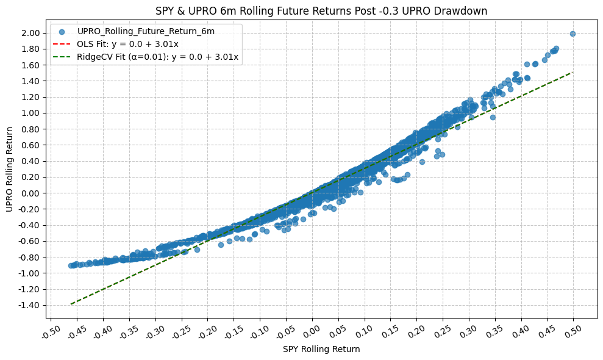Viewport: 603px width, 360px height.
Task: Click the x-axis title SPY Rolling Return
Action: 321,350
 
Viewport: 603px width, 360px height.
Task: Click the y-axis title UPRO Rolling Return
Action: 9,169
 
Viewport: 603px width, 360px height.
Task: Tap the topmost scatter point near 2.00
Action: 573,34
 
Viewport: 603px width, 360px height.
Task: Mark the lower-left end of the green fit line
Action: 71,304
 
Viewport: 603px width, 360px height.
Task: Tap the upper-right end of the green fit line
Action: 573,73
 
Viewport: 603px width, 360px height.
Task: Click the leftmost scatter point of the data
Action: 71,266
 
